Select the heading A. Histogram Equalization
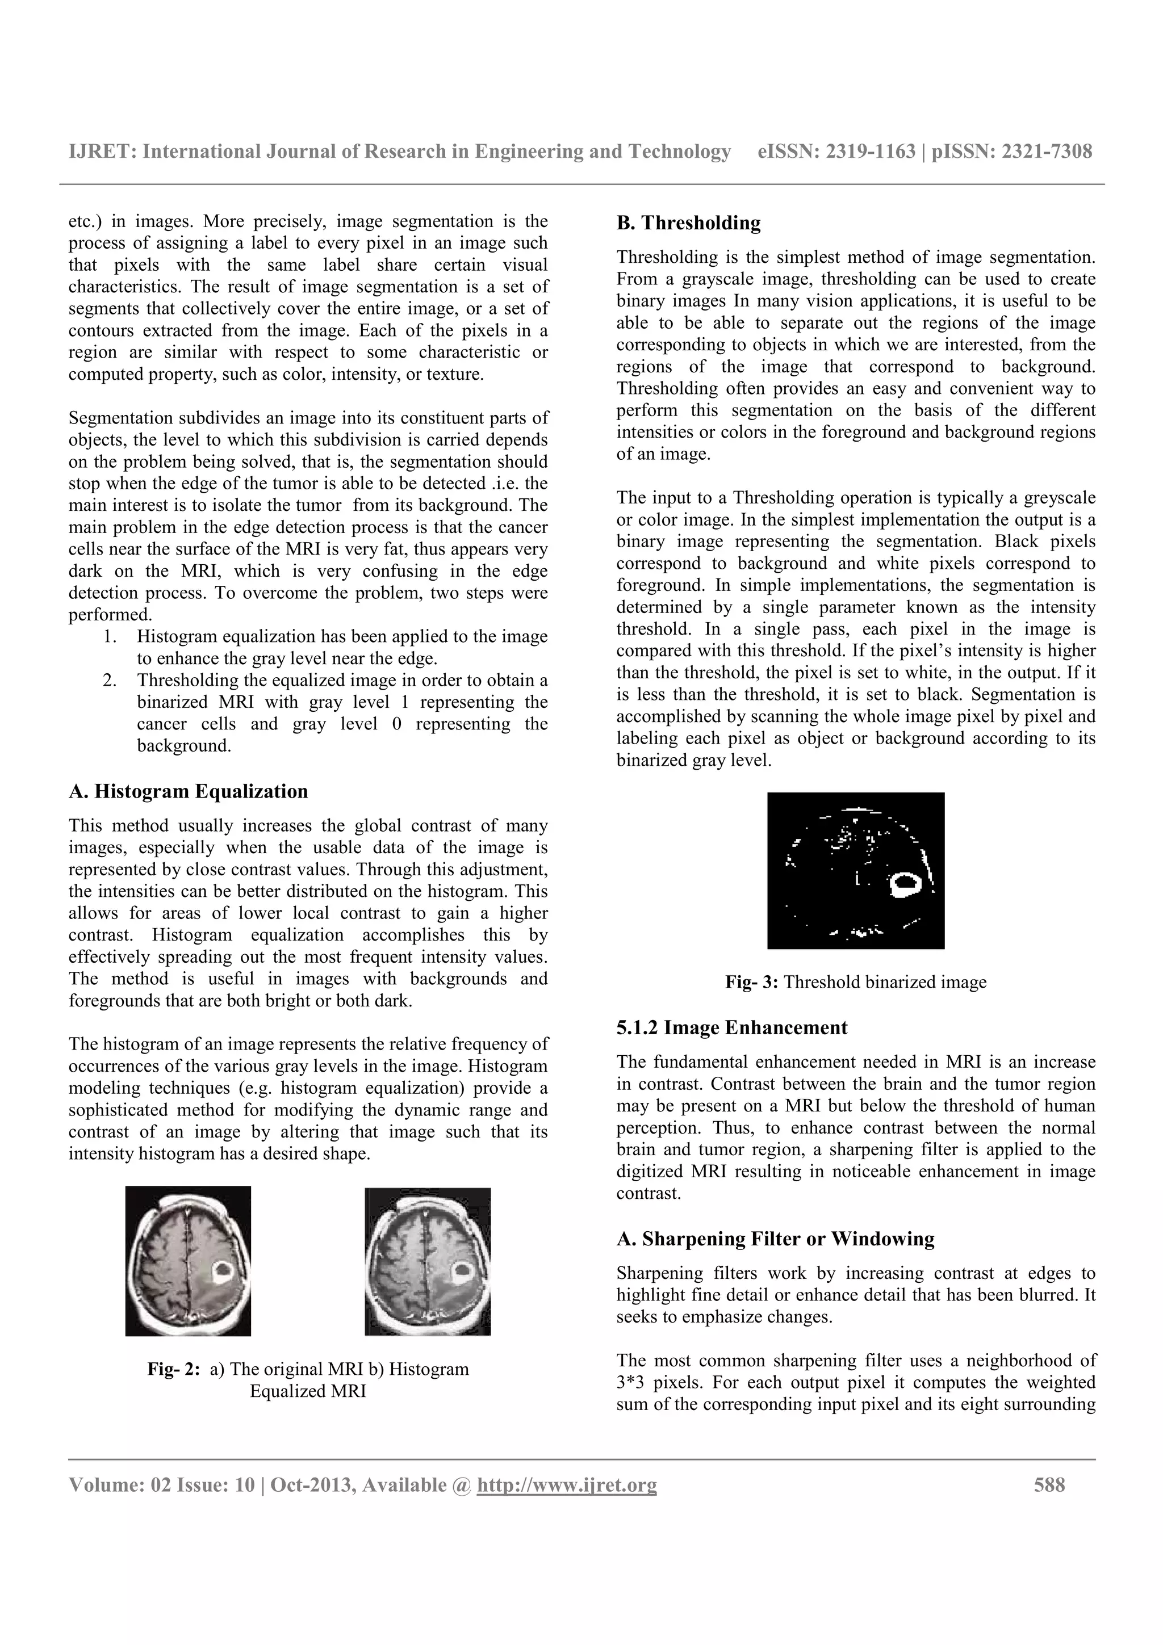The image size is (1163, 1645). (x=188, y=792)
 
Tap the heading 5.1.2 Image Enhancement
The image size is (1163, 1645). (x=731, y=1028)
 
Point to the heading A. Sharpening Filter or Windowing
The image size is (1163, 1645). (x=775, y=1240)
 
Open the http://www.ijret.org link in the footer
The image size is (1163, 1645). (x=566, y=1485)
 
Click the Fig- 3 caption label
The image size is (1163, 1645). (x=752, y=982)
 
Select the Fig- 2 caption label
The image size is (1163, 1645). (x=173, y=1369)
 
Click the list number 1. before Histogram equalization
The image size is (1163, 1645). (x=110, y=637)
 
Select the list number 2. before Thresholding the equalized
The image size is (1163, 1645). (x=110, y=681)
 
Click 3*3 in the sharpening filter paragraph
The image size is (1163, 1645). (x=630, y=1383)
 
